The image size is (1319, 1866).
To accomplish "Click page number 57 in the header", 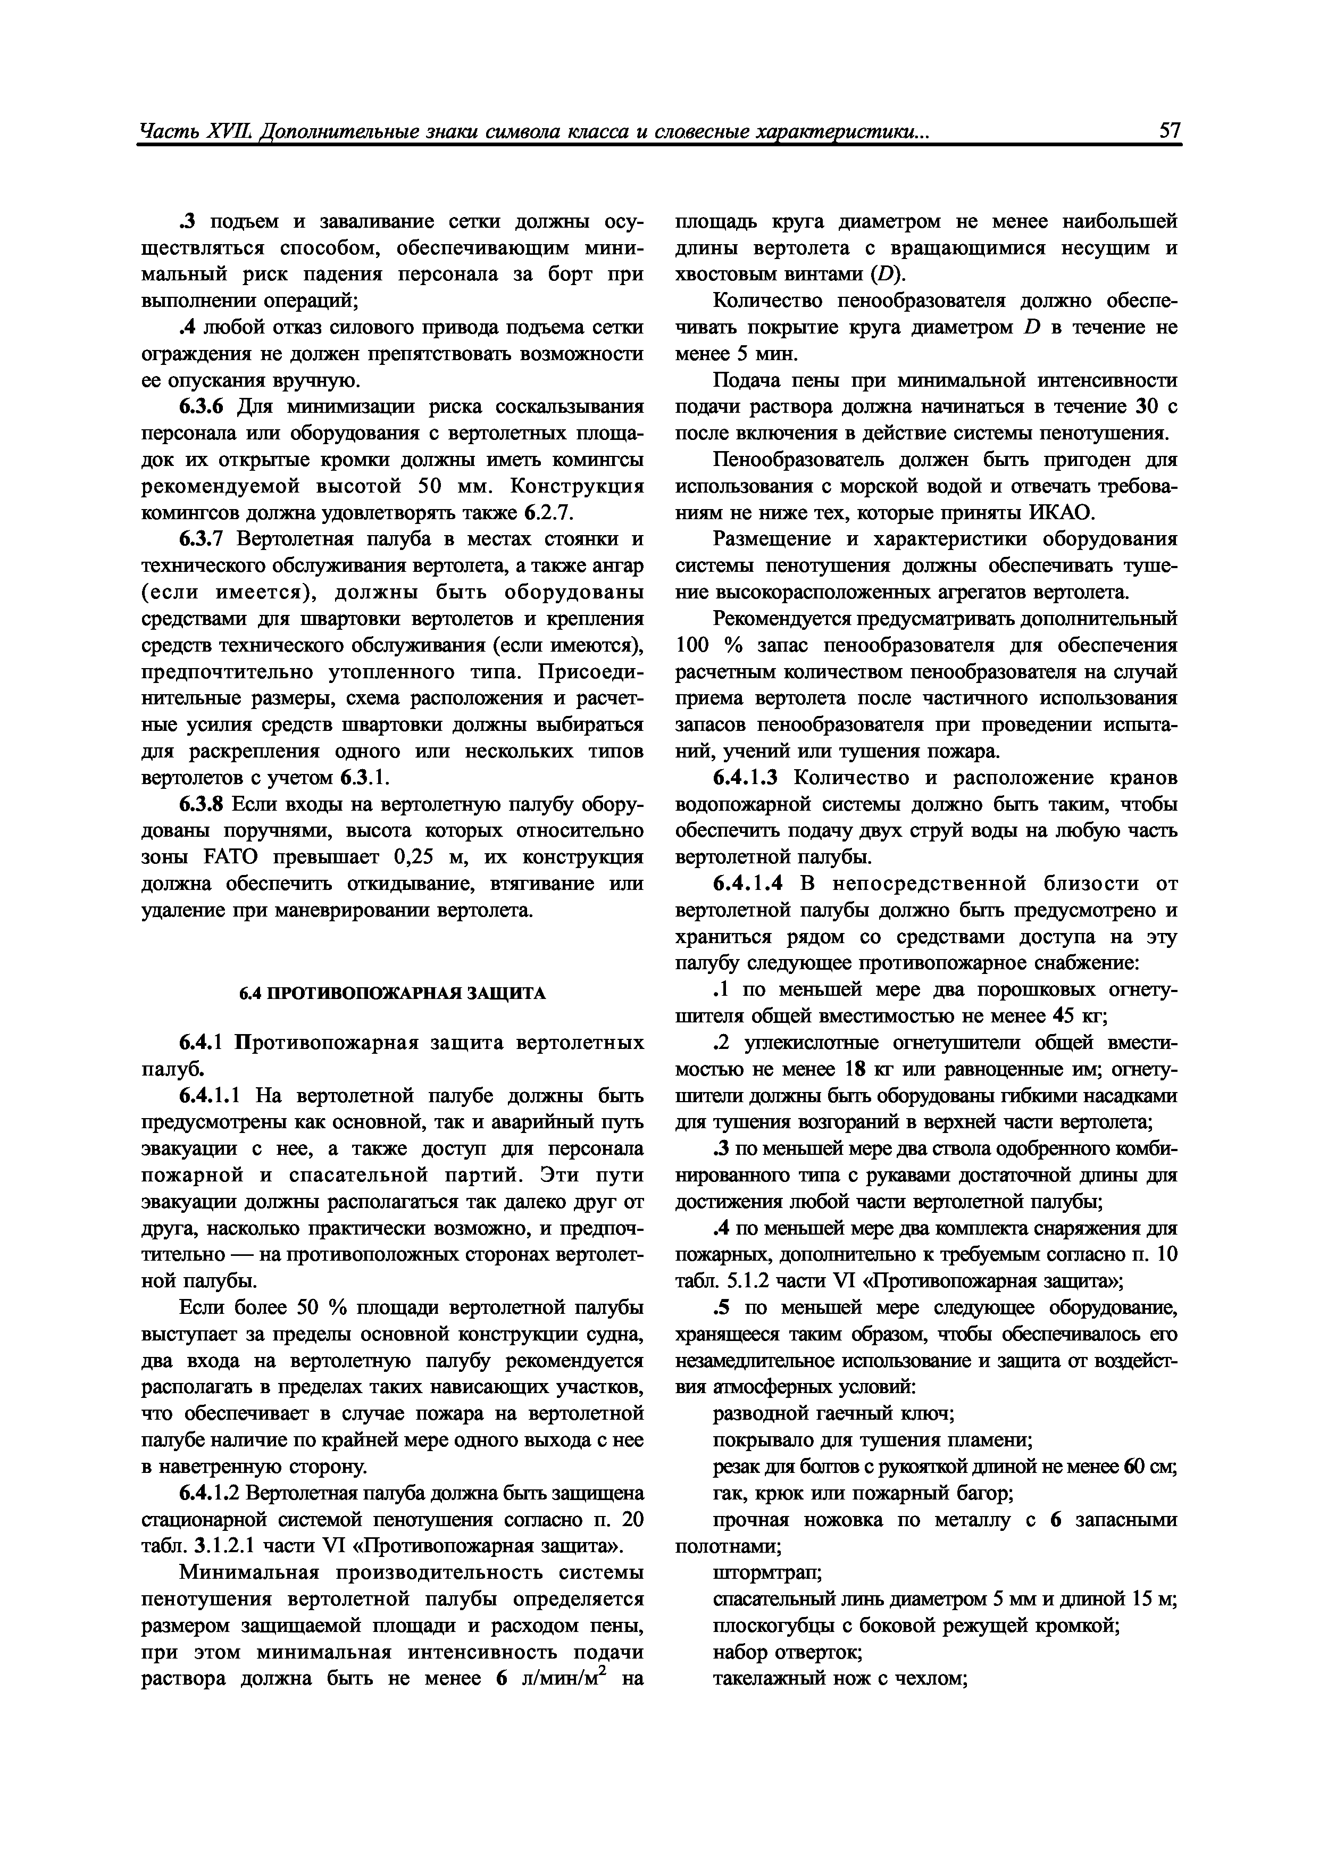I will [1170, 131].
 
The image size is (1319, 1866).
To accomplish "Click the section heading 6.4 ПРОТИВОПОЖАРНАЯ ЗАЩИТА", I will [393, 994].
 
